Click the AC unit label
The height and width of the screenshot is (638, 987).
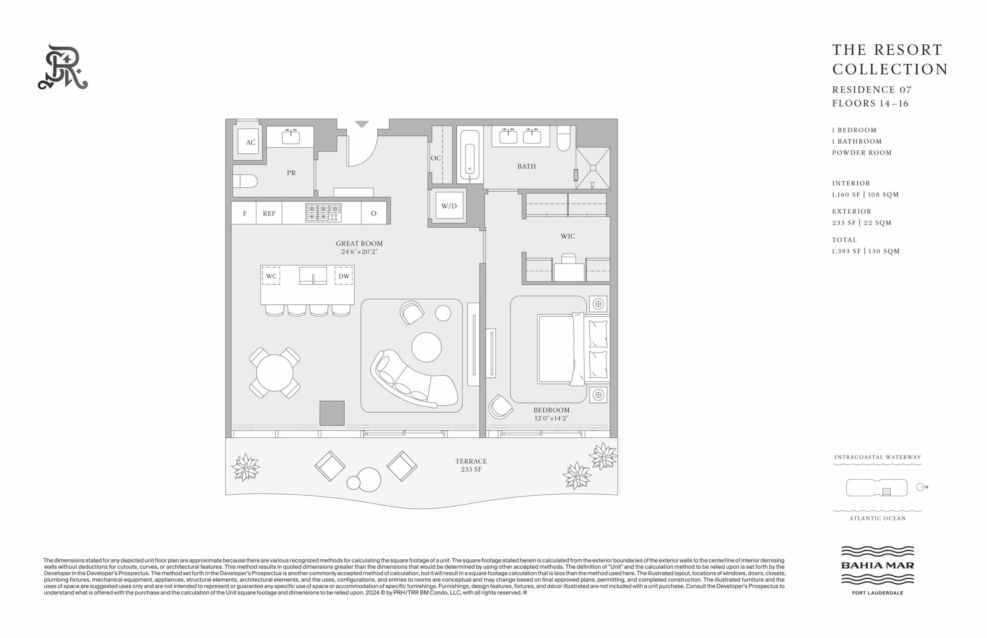(250, 143)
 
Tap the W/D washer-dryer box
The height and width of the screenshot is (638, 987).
(449, 205)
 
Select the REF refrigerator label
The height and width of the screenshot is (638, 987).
(269, 213)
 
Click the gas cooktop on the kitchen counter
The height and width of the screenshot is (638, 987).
(323, 213)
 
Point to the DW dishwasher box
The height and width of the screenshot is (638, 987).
(344, 276)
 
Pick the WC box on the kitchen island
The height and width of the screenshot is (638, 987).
(271, 276)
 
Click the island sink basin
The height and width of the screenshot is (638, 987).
(313, 275)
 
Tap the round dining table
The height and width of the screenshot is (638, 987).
(275, 373)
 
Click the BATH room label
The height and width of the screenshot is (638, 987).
(526, 166)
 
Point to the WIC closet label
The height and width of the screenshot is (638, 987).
(568, 236)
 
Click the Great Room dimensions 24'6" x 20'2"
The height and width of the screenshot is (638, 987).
(359, 252)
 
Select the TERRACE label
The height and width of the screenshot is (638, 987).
(471, 461)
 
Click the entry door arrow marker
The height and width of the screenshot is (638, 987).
(362, 124)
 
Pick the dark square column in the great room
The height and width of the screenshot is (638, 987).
(332, 413)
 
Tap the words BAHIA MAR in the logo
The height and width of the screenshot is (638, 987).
(878, 565)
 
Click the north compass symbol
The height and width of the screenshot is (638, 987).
(920, 487)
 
